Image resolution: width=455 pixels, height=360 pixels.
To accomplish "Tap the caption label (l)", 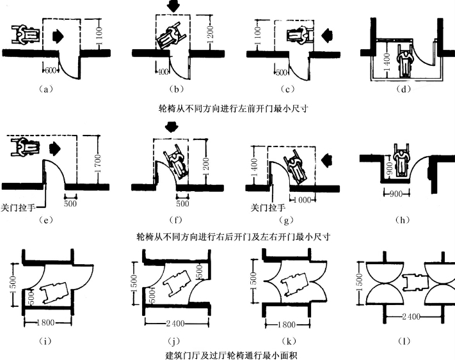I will [x=403, y=341].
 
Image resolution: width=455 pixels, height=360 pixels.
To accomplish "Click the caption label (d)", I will [x=403, y=90].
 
